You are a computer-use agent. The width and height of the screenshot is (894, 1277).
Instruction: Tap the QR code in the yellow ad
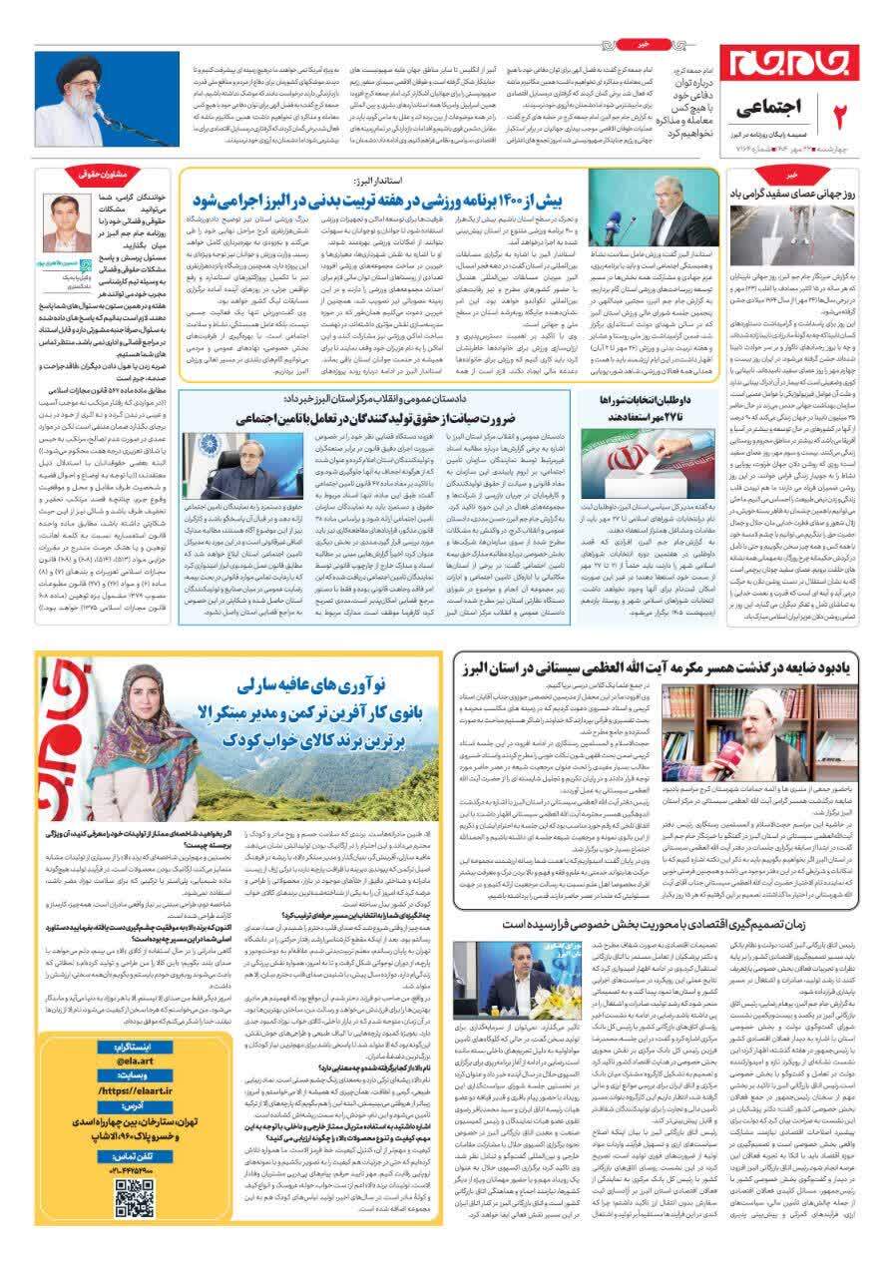(x=134, y=1198)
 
